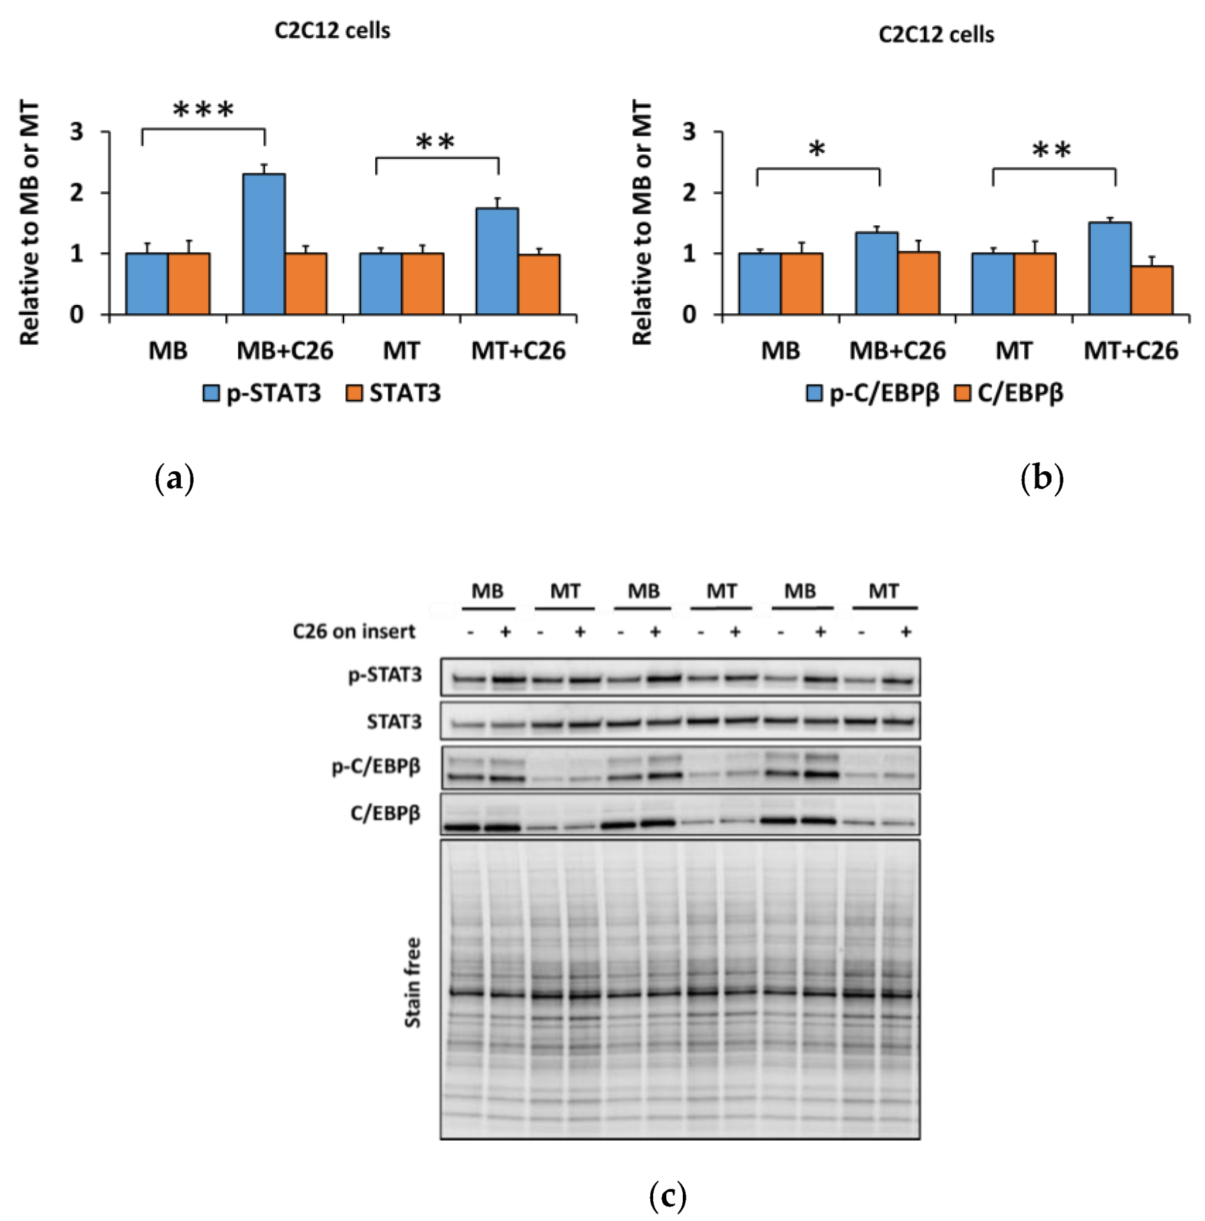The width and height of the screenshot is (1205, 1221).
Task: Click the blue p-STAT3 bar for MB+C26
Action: pos(264,244)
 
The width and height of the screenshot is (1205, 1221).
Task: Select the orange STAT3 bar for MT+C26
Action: pos(539,284)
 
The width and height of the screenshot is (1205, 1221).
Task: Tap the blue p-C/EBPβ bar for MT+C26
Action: pos(1109,268)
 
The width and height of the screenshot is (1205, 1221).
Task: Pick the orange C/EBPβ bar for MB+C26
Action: pos(918,283)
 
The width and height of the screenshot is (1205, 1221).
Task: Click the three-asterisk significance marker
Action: pos(204,110)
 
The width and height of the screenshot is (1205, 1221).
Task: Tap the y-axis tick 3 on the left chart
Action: pos(76,132)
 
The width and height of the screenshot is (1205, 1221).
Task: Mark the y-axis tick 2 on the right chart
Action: pos(689,193)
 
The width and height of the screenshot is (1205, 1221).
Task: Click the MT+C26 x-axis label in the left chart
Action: pos(518,351)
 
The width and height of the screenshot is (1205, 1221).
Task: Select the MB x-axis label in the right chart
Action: pos(780,351)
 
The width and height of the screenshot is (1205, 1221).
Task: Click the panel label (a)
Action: pos(175,479)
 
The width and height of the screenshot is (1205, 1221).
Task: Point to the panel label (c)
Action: pos(668,1195)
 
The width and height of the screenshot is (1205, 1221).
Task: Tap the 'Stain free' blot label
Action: pos(413,983)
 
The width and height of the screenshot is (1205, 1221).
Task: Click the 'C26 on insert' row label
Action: pos(354,632)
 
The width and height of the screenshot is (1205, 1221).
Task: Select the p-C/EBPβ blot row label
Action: pos(376,767)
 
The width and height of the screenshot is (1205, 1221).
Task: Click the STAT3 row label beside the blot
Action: pos(394,722)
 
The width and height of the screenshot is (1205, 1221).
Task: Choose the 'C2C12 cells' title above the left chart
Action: pos(332,31)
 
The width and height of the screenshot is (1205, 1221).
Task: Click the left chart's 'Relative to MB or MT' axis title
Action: pos(29,222)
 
